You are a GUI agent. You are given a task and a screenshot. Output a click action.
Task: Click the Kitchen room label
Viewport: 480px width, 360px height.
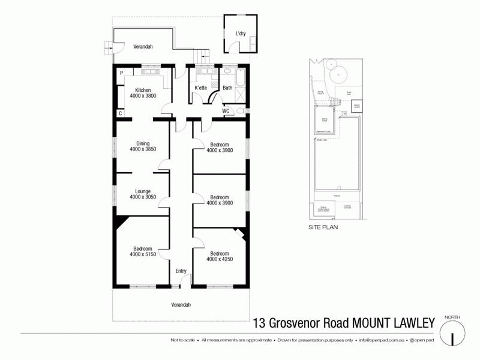point(142,89)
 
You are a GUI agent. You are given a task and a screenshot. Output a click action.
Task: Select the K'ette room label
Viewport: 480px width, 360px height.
point(200,88)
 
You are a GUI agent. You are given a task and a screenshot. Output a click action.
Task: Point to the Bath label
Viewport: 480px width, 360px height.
point(227,88)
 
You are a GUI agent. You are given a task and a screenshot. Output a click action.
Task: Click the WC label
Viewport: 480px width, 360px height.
point(226,111)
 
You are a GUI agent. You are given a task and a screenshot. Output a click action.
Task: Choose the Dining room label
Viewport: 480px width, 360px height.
point(142,143)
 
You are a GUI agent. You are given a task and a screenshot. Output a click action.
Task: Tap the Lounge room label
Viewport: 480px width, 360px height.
point(142,191)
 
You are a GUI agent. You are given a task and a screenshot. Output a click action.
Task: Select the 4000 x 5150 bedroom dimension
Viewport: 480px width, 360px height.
point(142,254)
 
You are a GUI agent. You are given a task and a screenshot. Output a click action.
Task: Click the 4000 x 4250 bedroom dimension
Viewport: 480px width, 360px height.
point(219,259)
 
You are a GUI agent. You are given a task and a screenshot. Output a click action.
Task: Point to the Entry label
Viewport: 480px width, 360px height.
point(181,271)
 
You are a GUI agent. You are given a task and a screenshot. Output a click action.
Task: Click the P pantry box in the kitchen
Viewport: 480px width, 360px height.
point(121,73)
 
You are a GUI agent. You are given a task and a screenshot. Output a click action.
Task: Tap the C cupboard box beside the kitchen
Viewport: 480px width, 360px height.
point(121,113)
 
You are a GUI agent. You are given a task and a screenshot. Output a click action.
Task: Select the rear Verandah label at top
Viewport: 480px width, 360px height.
point(143,46)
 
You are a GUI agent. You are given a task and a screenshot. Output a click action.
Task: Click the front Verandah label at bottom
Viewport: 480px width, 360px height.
point(181,305)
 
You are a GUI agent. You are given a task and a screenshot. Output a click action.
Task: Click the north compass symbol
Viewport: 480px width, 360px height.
point(453,332)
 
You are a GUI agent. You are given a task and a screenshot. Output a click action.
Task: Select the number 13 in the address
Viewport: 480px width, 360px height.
point(259,323)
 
